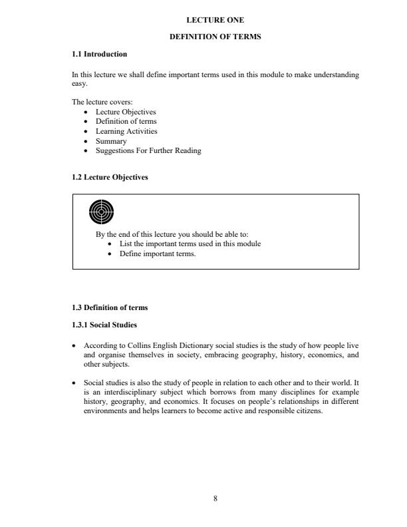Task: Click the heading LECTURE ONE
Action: click(215, 21)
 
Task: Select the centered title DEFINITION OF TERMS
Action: click(215, 37)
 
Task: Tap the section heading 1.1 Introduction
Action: click(99, 53)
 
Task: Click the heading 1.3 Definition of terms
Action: click(110, 307)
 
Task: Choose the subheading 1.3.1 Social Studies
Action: click(104, 325)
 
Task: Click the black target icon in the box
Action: click(101, 212)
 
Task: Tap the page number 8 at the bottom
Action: click(215, 498)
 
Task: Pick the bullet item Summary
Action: click(111, 141)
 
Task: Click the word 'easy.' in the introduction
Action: click(79, 84)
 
